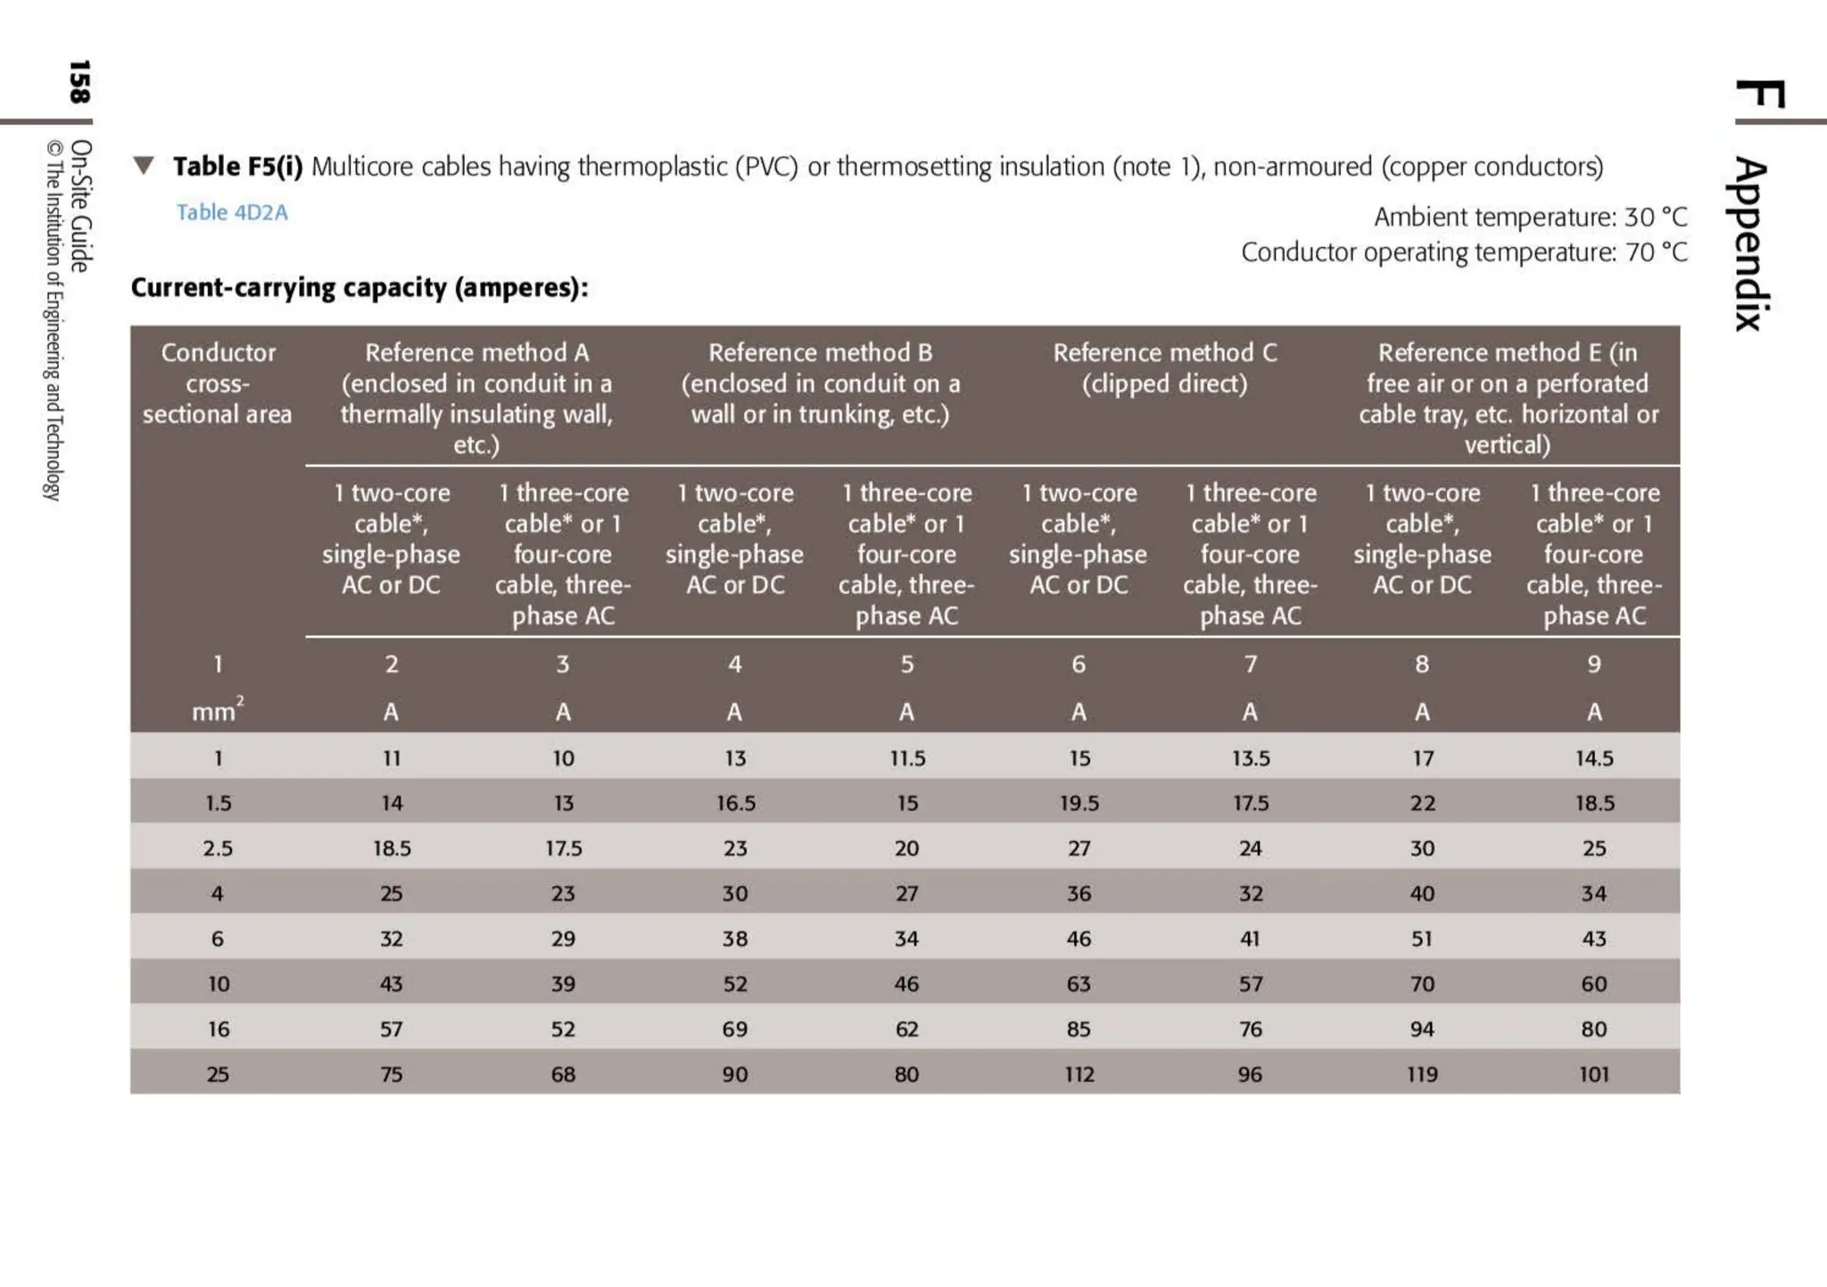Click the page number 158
click(79, 82)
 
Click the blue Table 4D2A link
click(232, 212)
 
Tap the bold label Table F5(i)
click(237, 167)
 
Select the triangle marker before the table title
click(144, 165)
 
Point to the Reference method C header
click(1164, 367)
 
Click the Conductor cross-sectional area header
click(218, 384)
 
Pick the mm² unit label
click(217, 711)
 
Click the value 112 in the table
click(1079, 1074)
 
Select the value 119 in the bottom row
click(1422, 1074)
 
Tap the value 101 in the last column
click(1593, 1074)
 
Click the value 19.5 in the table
click(1079, 803)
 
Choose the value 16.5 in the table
click(735, 803)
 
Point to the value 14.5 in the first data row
click(1593, 758)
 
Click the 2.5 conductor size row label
click(218, 848)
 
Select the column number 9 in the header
click(1593, 664)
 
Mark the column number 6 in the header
click(1079, 664)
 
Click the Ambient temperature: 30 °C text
click(1530, 217)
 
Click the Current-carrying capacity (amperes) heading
click(360, 287)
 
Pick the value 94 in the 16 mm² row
click(1422, 1029)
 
